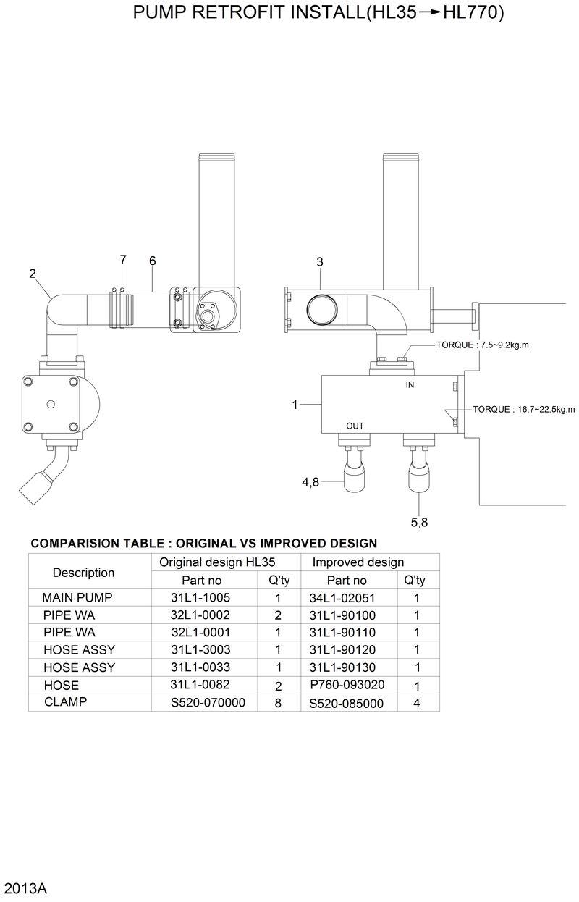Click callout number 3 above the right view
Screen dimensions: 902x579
(x=319, y=262)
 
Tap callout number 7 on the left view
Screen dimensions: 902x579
(x=123, y=259)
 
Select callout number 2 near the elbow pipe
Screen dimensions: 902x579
(x=33, y=273)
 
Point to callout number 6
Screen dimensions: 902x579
(x=152, y=261)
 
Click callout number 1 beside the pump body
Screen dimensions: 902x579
(x=295, y=405)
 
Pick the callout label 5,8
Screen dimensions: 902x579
(x=419, y=522)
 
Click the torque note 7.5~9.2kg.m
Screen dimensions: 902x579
(x=482, y=345)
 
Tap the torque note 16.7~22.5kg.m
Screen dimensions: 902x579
(x=524, y=410)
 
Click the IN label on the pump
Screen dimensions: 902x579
(x=410, y=386)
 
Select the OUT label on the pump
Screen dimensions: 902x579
(x=355, y=426)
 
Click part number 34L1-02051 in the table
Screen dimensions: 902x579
(x=342, y=598)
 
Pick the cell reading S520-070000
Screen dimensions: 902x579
(x=208, y=702)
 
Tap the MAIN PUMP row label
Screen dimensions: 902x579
(x=77, y=598)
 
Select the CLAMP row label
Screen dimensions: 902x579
(x=65, y=701)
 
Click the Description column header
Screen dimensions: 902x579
(x=83, y=573)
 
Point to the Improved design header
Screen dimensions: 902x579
(x=358, y=562)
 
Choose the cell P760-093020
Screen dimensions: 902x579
(x=347, y=685)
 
